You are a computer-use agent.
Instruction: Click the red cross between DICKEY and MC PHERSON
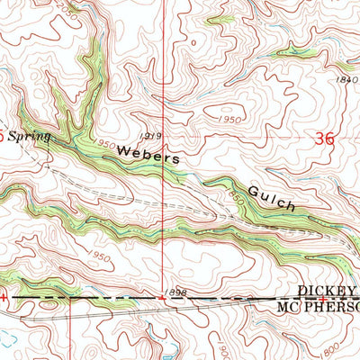click(x=320, y=297)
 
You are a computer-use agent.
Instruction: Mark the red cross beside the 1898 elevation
click(x=160, y=296)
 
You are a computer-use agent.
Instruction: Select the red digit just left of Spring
click(x=2, y=136)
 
